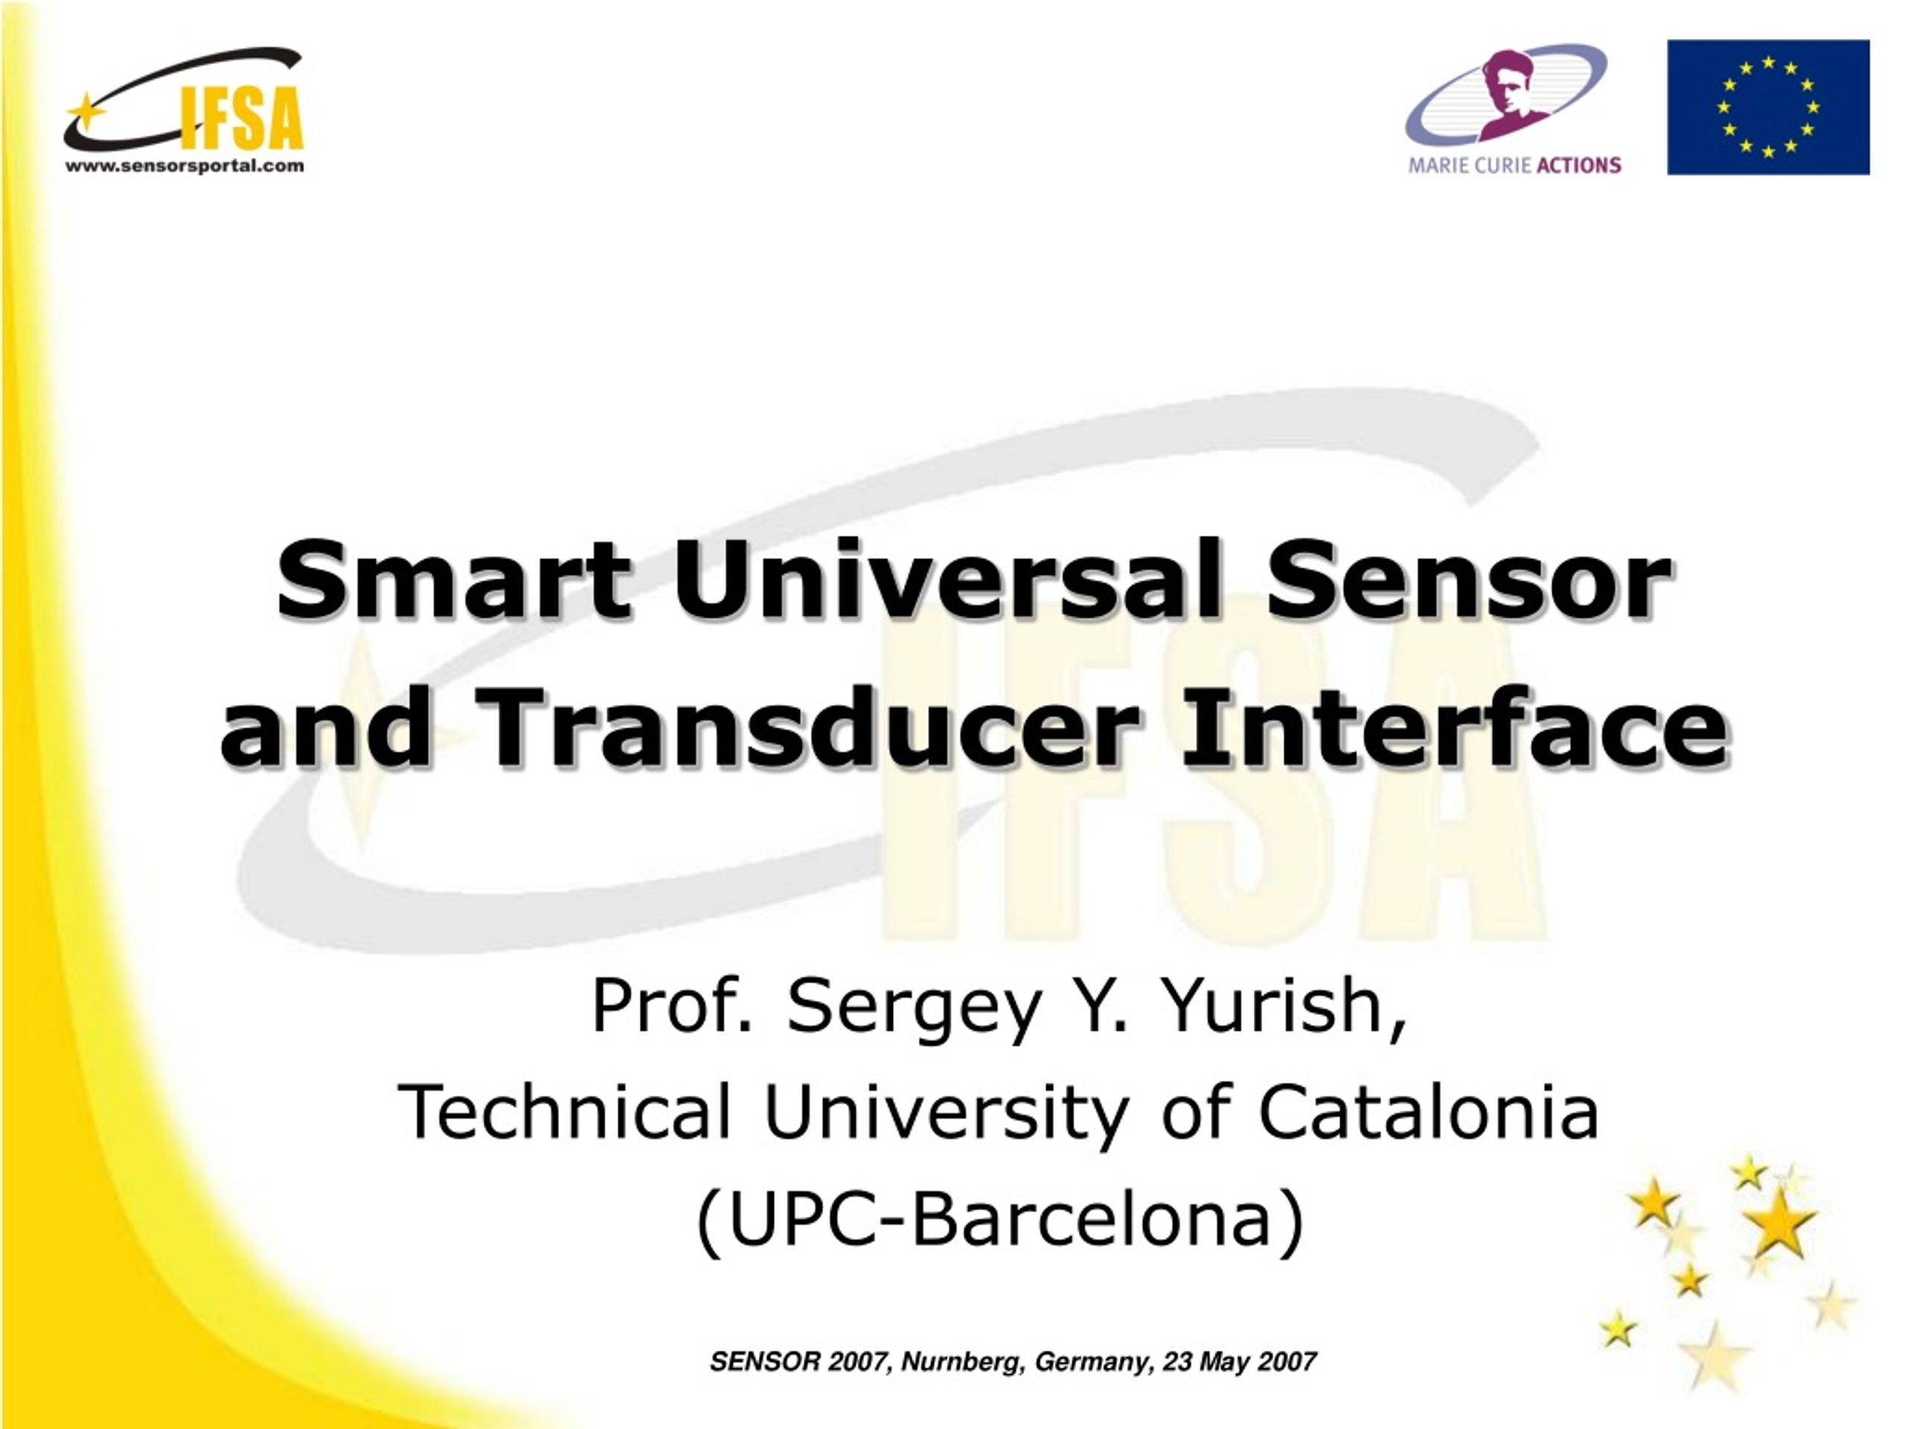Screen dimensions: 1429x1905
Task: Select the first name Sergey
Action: tap(915, 1008)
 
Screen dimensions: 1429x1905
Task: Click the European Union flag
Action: tap(1768, 107)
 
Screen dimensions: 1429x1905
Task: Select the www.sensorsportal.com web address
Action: tap(185, 166)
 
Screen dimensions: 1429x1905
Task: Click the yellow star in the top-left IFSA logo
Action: tap(86, 112)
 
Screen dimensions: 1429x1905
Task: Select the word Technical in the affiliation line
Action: tap(565, 1112)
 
